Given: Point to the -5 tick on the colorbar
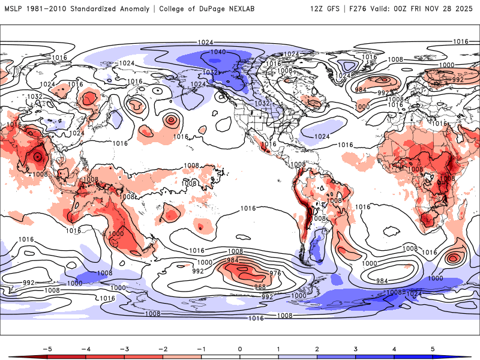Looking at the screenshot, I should click(x=46, y=348).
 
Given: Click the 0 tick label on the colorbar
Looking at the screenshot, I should click(x=240, y=348).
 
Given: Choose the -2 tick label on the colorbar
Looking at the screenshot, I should click(x=162, y=348).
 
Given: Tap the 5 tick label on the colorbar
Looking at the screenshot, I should click(x=433, y=348).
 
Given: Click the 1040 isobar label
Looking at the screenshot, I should click(x=218, y=52).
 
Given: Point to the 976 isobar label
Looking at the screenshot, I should click(x=275, y=274).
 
